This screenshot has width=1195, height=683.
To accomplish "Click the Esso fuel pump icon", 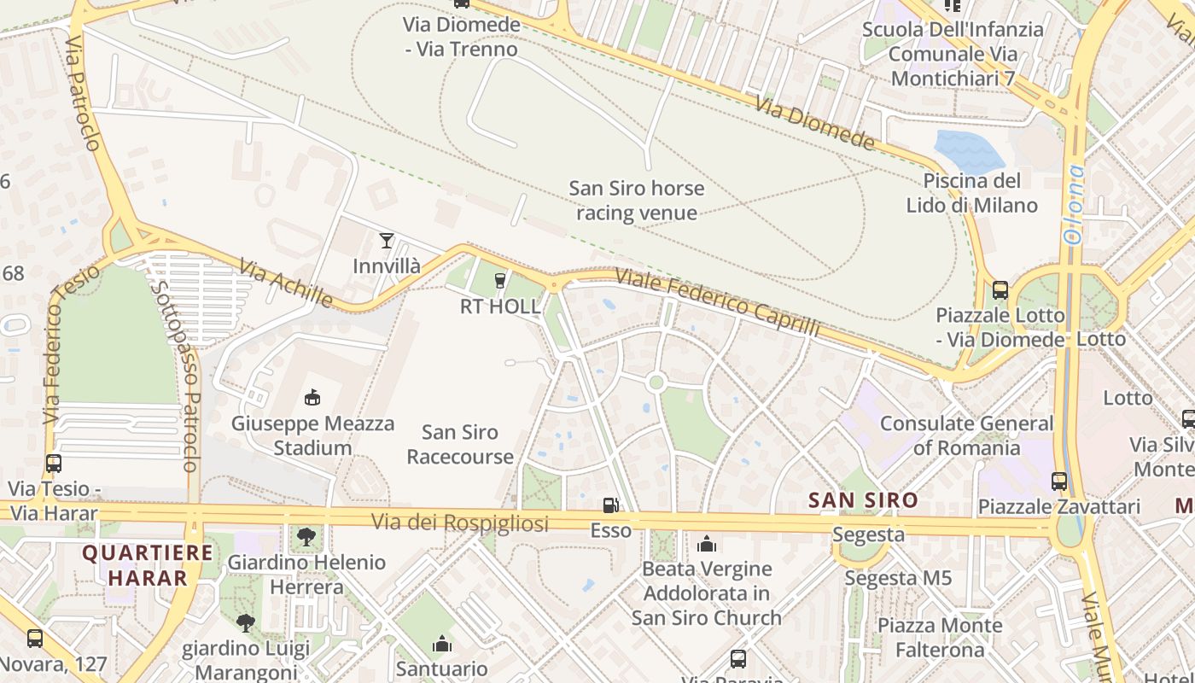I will click(610, 505).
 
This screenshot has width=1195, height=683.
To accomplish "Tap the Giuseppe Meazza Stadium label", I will click(312, 435).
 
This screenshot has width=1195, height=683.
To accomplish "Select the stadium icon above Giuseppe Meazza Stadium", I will click(312, 397).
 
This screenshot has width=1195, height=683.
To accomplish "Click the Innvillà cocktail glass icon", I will click(387, 241).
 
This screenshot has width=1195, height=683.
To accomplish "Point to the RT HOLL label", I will click(500, 306).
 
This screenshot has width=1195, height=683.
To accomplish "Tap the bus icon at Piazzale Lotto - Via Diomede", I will click(1000, 289).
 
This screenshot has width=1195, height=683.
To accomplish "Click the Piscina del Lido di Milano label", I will click(971, 193).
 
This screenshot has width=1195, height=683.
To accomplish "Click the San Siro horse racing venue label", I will click(637, 200).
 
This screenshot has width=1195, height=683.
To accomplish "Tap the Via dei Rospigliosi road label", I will click(459, 522).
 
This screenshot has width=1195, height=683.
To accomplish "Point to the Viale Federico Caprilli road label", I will click(717, 303).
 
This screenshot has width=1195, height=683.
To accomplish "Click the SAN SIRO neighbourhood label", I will click(863, 500).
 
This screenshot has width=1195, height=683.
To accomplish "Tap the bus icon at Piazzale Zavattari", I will click(1059, 481).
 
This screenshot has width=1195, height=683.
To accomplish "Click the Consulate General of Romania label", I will click(966, 435).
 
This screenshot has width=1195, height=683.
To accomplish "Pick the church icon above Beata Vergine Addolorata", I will click(706, 544).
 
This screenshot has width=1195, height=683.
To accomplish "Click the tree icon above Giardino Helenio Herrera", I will click(306, 537).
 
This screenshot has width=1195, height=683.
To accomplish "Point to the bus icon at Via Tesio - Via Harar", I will click(54, 464).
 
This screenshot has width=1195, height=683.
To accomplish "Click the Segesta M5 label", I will click(898, 578).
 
